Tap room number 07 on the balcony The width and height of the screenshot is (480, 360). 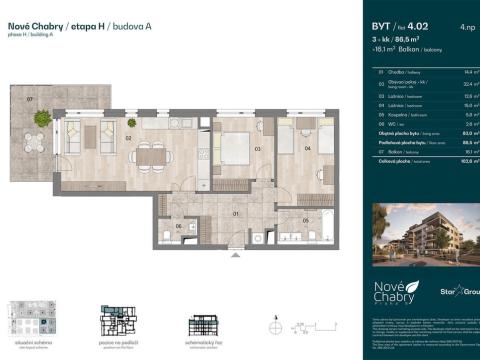(31, 100)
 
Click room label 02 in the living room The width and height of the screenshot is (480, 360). (129, 139)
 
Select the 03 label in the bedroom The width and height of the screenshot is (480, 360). (256, 149)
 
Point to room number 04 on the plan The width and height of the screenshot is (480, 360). (307, 149)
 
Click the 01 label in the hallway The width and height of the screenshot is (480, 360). (235, 213)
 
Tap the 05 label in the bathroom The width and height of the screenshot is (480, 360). (306, 219)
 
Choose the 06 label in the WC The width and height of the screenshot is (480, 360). (178, 226)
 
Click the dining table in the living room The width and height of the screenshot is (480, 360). (151, 155)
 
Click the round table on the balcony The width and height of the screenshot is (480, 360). (41, 119)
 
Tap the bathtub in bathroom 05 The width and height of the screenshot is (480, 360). (296, 234)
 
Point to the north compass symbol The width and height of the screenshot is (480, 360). (275, 325)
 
